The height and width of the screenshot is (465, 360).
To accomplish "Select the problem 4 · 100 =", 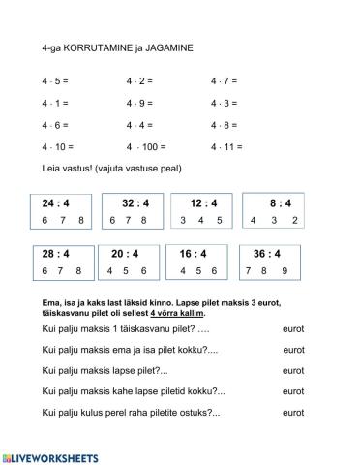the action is [146, 147].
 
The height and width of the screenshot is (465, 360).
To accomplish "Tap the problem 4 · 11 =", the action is [225, 147].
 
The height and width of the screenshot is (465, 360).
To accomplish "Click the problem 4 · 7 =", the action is [224, 80].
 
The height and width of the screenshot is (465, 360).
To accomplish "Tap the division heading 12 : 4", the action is [201, 203].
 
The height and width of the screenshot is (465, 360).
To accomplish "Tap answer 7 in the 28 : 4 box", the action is [61, 270].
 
